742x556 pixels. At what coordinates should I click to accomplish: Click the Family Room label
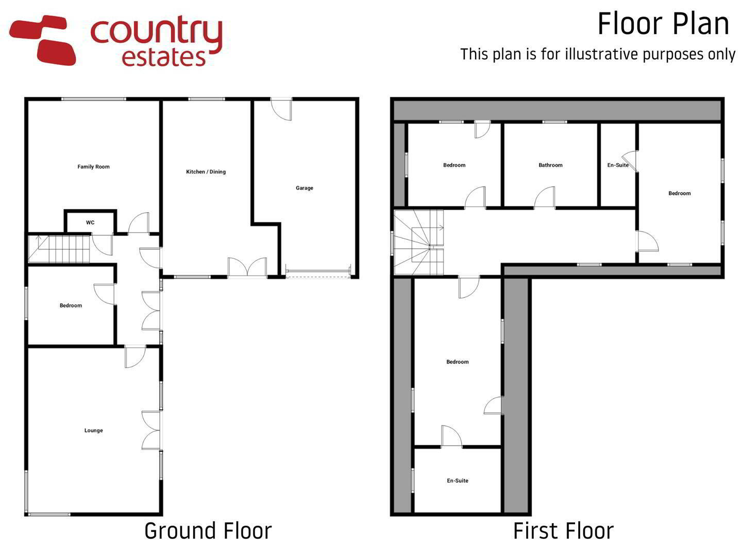click(93, 166)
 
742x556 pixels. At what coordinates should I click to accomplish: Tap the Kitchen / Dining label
click(206, 171)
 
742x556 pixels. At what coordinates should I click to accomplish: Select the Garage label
click(304, 188)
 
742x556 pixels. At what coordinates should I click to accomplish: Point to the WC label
click(90, 222)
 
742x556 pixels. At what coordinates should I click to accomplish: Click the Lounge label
click(94, 430)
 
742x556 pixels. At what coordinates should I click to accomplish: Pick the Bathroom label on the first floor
click(550, 165)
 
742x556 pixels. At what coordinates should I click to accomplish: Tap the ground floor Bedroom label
click(71, 305)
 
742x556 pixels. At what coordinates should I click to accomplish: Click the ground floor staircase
click(59, 249)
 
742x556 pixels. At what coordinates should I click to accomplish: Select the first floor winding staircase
click(418, 242)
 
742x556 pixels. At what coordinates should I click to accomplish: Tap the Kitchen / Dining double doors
click(247, 267)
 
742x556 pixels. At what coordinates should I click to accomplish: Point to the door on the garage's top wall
click(281, 109)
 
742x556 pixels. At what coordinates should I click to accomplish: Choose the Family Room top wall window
click(94, 99)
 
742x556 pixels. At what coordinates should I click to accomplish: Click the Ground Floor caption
click(208, 531)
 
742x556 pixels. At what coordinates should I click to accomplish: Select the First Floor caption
click(563, 531)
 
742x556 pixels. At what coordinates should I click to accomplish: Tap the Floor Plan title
click(663, 24)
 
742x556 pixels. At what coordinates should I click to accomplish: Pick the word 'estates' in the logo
click(164, 57)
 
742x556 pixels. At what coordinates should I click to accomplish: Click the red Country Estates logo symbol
click(42, 40)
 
